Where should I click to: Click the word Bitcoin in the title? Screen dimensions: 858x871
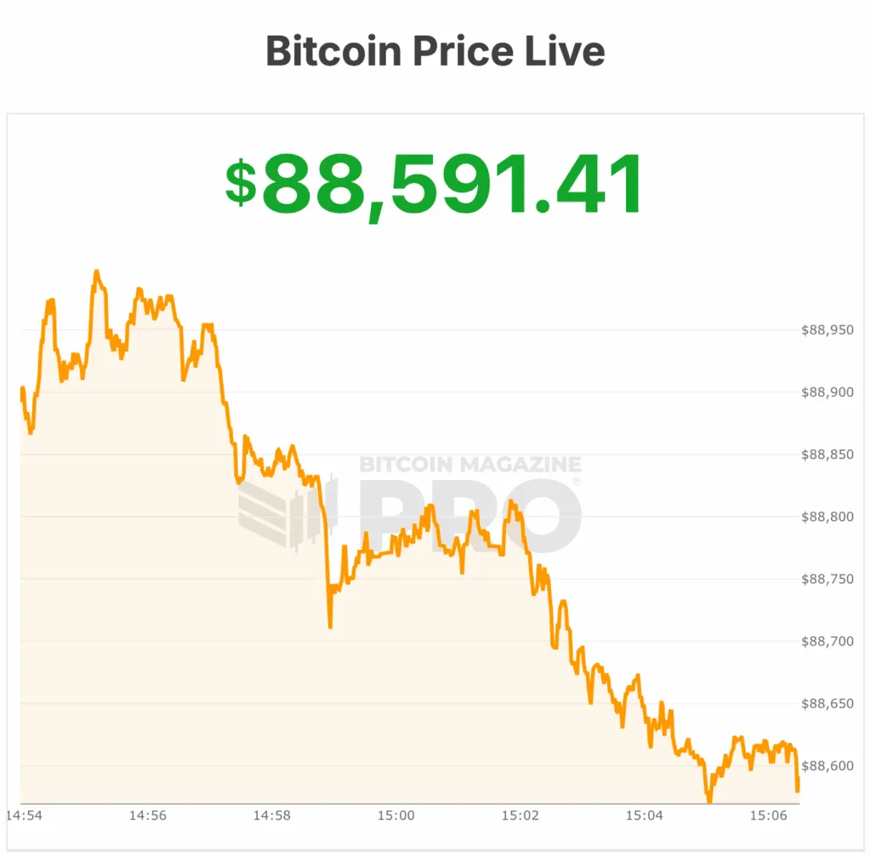click(333, 51)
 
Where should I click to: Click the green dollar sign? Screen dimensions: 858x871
click(241, 183)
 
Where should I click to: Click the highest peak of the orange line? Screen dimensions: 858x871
click(96, 272)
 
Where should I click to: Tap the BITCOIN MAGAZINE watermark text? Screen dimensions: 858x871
click(470, 465)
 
